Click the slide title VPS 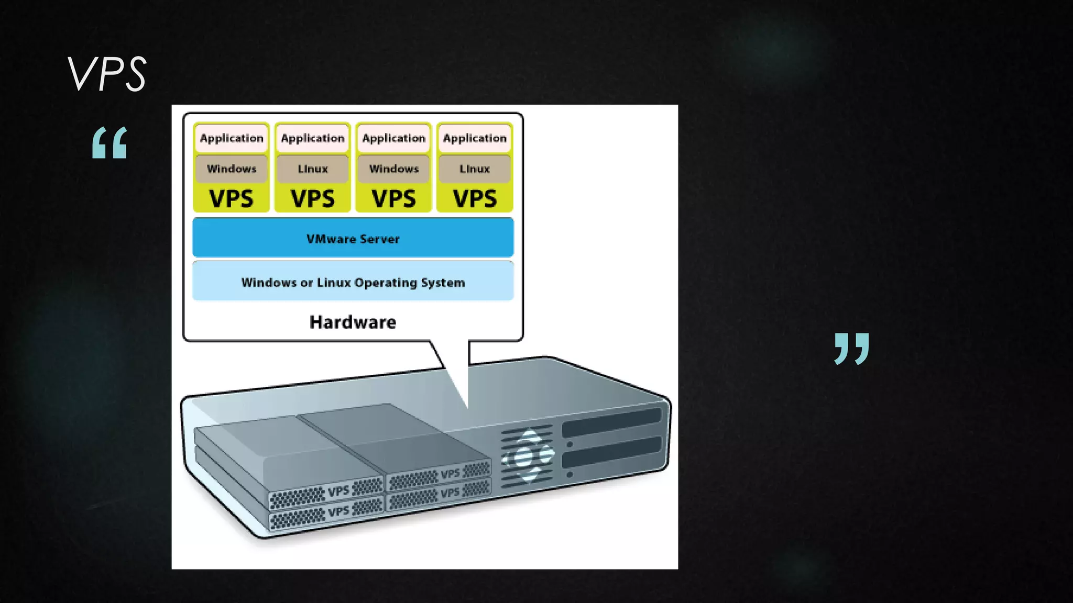[107, 74]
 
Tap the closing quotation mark [851, 348]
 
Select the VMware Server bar [353, 238]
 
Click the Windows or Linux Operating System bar [353, 282]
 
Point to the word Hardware [353, 322]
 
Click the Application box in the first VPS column [232, 138]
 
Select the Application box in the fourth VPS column [475, 138]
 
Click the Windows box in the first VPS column [232, 169]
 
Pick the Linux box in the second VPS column [313, 169]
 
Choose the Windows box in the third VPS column [393, 169]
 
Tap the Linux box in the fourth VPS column [475, 169]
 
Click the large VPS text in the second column [313, 198]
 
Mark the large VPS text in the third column [393, 198]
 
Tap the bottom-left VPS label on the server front [338, 511]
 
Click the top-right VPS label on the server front [450, 474]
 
